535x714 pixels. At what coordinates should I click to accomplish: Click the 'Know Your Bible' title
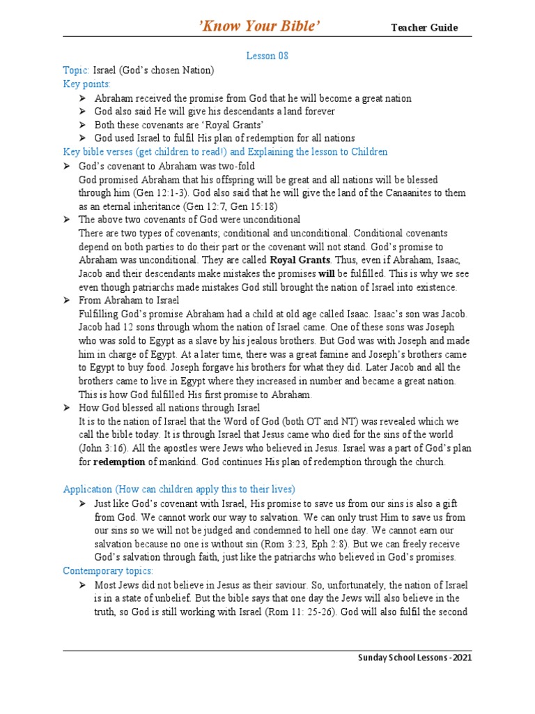click(x=261, y=26)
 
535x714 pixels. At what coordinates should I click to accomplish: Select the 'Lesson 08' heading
click(x=267, y=56)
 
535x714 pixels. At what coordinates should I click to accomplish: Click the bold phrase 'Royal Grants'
click(x=300, y=261)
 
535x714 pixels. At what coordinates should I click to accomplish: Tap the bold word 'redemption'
click(x=119, y=462)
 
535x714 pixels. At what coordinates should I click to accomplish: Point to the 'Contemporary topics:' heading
click(x=107, y=571)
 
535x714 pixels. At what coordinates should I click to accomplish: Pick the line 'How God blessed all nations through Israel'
click(x=169, y=408)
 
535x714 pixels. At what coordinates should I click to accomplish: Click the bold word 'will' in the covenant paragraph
click(x=327, y=274)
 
